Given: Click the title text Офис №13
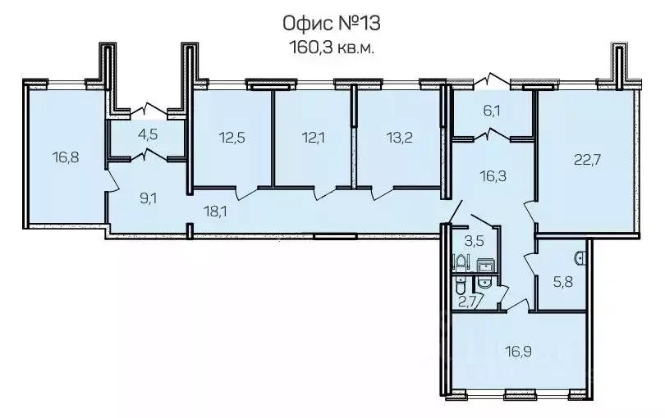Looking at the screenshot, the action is (x=332, y=23).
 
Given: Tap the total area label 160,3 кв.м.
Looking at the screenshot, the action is (x=332, y=48).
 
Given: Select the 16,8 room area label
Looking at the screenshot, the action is (x=66, y=157).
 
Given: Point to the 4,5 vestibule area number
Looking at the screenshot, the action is (x=148, y=134).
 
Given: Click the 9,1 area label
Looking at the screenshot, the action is (x=149, y=198).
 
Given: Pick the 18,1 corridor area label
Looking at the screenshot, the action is (x=215, y=211).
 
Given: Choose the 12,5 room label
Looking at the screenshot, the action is (x=232, y=137).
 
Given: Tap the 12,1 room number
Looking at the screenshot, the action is (x=313, y=137).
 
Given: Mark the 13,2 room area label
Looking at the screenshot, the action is (x=400, y=137).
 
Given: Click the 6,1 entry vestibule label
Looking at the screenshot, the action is (x=492, y=111).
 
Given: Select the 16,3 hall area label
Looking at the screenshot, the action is (x=493, y=175).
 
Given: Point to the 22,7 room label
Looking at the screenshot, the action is (x=587, y=160).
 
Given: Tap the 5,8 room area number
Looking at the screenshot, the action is (x=563, y=282).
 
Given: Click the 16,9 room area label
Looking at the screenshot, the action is (x=518, y=351).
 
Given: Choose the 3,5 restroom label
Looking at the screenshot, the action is (x=475, y=241).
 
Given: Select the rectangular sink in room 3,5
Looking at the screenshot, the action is (x=484, y=266).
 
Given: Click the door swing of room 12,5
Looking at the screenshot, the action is (x=247, y=193).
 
